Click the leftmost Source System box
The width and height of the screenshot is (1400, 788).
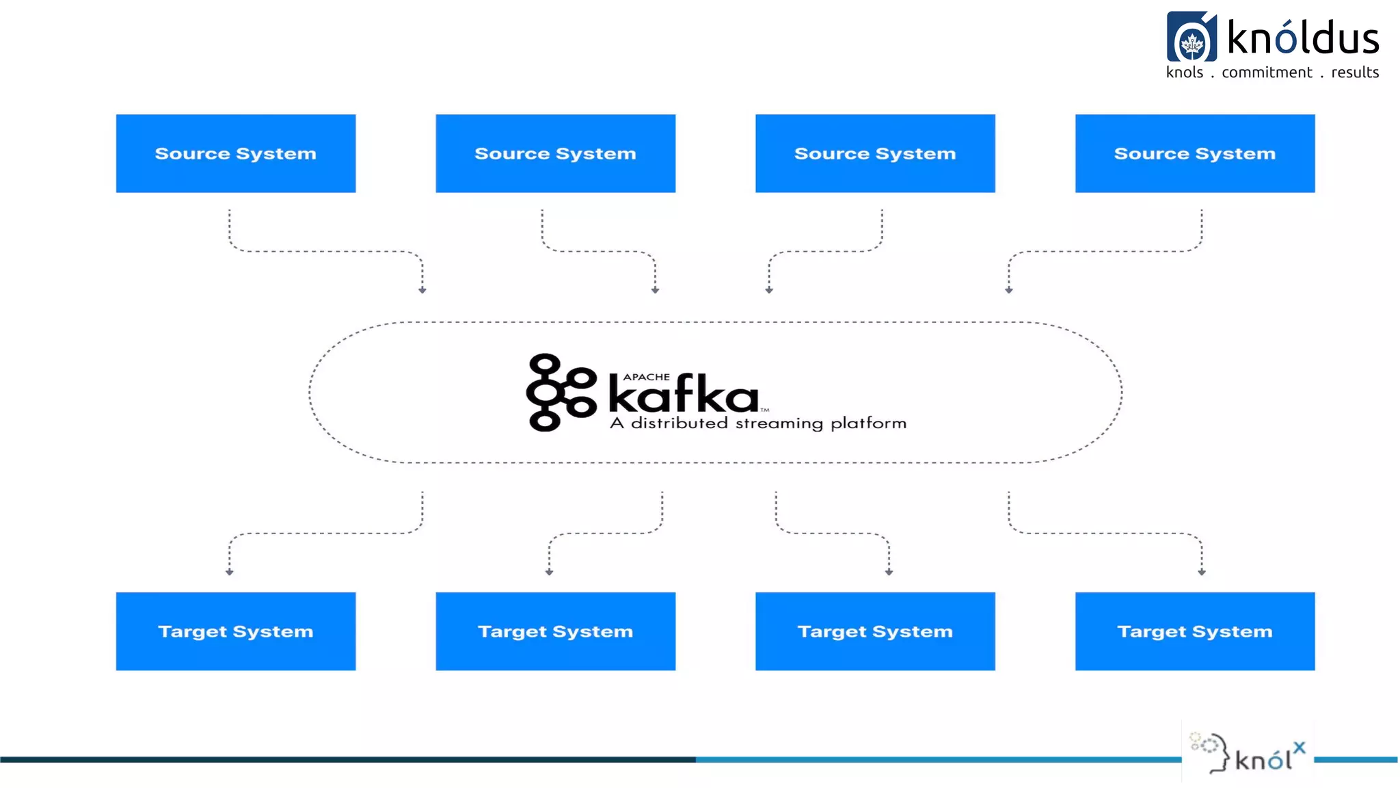point(235,153)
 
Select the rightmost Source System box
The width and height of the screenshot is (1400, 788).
point(1194,153)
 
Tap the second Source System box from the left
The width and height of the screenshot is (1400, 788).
point(555,153)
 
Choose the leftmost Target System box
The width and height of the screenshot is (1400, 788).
point(235,631)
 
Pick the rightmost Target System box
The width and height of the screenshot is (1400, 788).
point(1194,631)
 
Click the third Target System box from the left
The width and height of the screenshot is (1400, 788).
point(875,631)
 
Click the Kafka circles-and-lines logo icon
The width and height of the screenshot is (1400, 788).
point(561,392)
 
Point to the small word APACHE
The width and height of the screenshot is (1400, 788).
point(646,377)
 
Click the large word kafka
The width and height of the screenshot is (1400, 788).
point(683,395)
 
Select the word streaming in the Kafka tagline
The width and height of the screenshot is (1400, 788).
point(779,423)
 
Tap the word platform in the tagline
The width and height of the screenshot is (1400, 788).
point(868,423)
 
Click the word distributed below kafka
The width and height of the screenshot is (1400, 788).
point(679,423)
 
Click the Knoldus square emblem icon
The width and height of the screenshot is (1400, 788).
point(1192,37)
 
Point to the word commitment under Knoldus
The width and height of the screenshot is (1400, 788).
point(1267,73)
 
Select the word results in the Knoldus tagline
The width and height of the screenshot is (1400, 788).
point(1355,73)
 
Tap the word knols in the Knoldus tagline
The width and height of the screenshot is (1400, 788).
point(1185,73)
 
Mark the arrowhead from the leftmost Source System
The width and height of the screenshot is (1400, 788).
point(422,291)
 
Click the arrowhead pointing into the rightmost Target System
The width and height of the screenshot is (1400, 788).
point(1201,573)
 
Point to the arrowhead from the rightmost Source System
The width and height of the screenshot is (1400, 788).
point(1009,291)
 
